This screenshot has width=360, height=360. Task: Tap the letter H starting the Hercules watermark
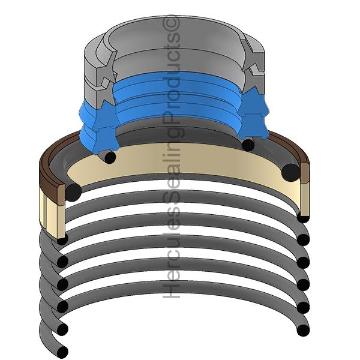click(171, 290)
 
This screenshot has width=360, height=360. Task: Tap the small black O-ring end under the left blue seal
click(110, 157)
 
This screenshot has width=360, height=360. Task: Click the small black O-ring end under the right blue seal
click(248, 145)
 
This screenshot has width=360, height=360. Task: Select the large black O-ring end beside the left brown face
click(73, 192)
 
